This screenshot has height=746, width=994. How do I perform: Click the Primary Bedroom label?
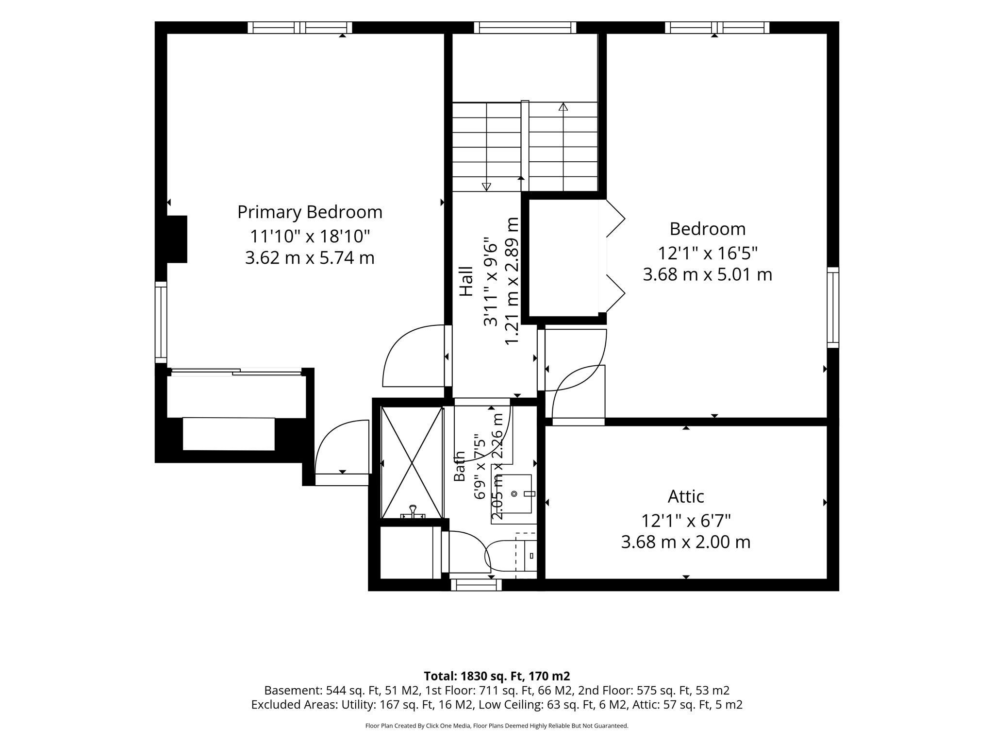pyautogui.click(x=310, y=212)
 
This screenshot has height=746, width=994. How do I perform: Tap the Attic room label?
pyautogui.click(x=686, y=496)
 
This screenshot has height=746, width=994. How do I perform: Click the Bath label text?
pyautogui.click(x=459, y=466)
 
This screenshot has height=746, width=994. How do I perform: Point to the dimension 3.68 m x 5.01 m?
pyautogui.click(x=707, y=274)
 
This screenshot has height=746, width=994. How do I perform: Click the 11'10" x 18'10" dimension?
pyautogui.click(x=310, y=236)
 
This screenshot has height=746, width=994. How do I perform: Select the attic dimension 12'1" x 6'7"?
pyautogui.click(x=686, y=521)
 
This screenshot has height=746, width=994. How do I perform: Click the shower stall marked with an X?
pyautogui.click(x=412, y=463)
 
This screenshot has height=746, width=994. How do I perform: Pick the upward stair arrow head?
pyautogui.click(x=563, y=106)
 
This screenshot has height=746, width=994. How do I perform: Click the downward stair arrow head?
pyautogui.click(x=486, y=186)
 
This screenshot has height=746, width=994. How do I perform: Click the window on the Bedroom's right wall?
pyautogui.click(x=833, y=307)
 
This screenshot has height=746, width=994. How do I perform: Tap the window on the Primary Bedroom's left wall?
pyautogui.click(x=161, y=322)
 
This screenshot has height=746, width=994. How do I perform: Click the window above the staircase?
pyautogui.click(x=525, y=28)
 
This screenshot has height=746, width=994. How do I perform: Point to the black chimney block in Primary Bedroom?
pyautogui.click(x=177, y=239)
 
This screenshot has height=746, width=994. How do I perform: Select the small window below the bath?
pyautogui.click(x=476, y=585)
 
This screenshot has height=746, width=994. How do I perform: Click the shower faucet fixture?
pyautogui.click(x=413, y=512)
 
